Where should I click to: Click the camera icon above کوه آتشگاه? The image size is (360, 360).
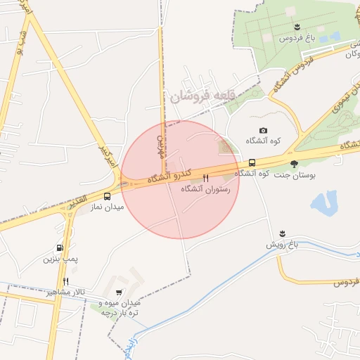(x=263, y=130)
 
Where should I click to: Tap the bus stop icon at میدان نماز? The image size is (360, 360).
(x=108, y=197)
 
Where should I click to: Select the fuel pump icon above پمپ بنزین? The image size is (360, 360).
(x=59, y=247)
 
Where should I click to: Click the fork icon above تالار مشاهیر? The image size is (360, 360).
(x=65, y=281)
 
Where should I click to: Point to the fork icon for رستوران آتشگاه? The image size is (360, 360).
(x=206, y=179)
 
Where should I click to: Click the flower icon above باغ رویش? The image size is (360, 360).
(x=282, y=233)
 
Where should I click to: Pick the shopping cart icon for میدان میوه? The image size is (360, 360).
(x=118, y=292)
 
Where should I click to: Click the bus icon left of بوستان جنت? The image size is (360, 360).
(x=252, y=162)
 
